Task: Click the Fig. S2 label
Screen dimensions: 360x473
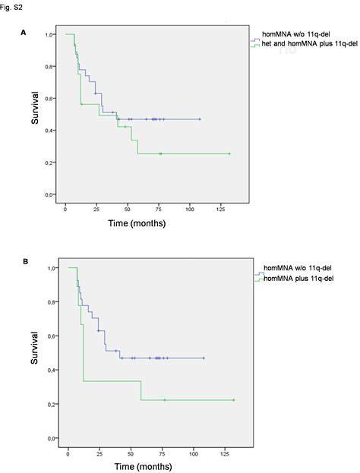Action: click(x=11, y=8)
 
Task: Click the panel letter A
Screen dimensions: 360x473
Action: click(x=24, y=33)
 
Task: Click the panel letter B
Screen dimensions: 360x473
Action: click(x=25, y=261)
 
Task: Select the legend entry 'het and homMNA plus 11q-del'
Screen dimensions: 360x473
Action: click(x=309, y=44)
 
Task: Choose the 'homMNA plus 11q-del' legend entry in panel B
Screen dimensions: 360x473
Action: click(x=298, y=278)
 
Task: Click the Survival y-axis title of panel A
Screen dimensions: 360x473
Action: click(x=35, y=108)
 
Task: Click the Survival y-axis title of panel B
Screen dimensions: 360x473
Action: click(x=34, y=348)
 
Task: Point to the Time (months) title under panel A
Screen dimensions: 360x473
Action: click(x=137, y=223)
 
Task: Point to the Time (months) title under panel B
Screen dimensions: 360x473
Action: click(x=143, y=466)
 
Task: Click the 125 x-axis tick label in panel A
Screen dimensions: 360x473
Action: click(x=220, y=210)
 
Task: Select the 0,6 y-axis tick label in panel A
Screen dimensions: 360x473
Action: click(x=49, y=99)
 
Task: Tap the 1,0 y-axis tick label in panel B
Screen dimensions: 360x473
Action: click(x=52, y=268)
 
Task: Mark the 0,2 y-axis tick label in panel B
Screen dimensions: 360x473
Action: click(x=52, y=404)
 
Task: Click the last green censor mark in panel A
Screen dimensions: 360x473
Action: click(x=229, y=154)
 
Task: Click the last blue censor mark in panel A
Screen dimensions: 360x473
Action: click(x=200, y=119)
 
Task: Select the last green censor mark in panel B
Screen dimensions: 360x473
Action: click(x=234, y=400)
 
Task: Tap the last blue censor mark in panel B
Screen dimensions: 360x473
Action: click(x=204, y=358)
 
